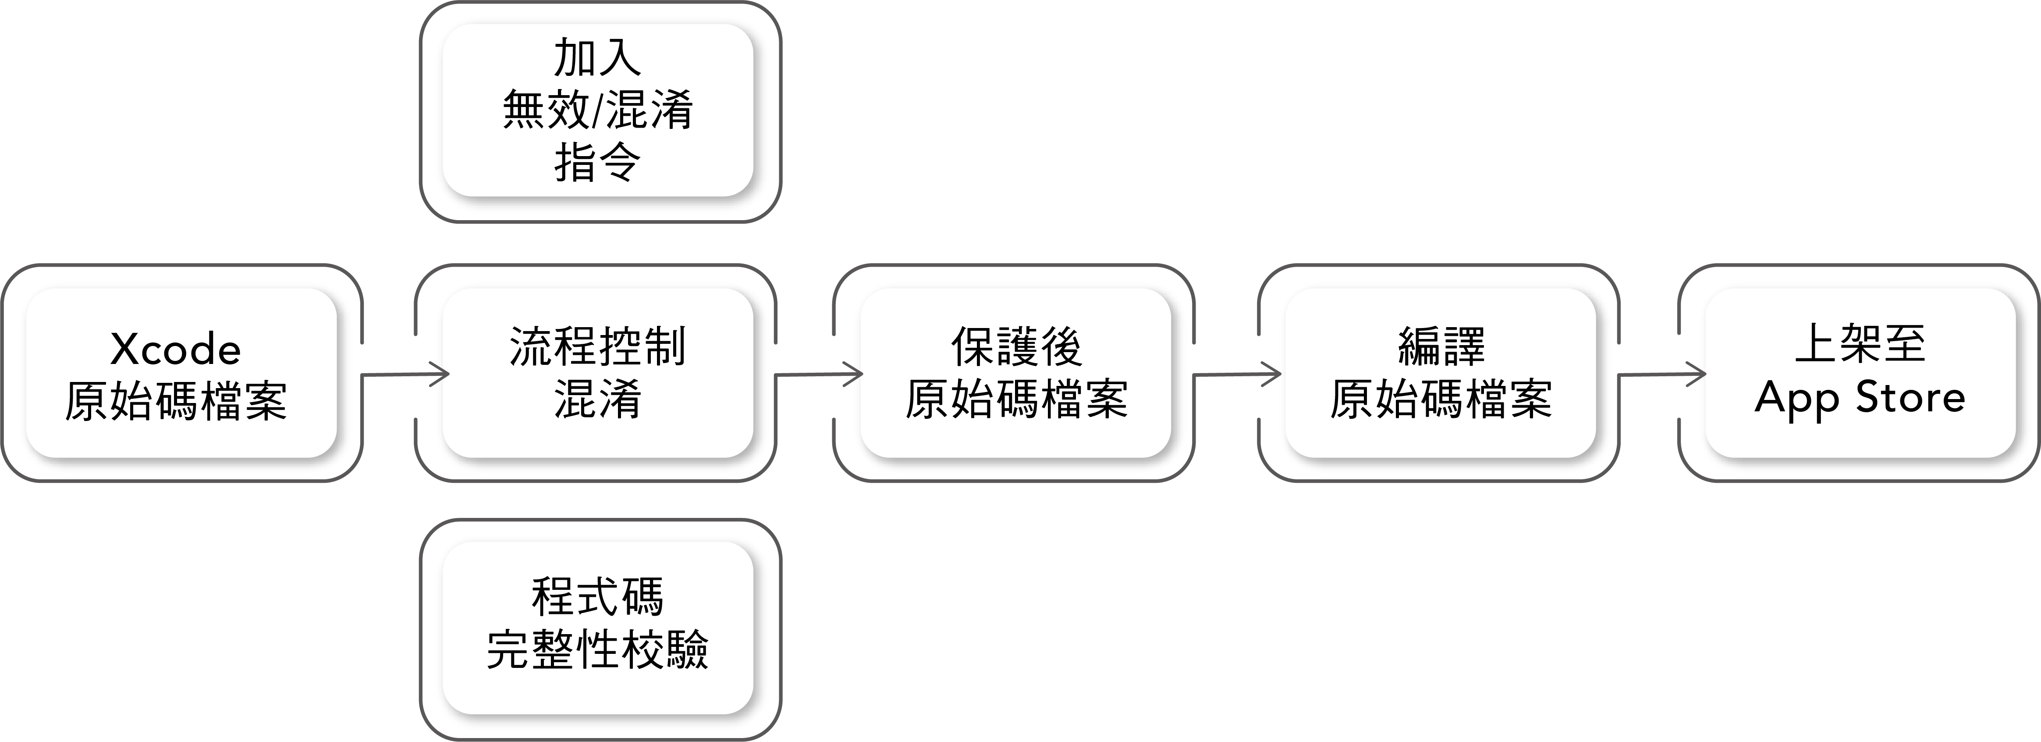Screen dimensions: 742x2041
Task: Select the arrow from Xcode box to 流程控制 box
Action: (x=404, y=374)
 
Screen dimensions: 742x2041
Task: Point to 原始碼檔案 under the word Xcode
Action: (x=175, y=400)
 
